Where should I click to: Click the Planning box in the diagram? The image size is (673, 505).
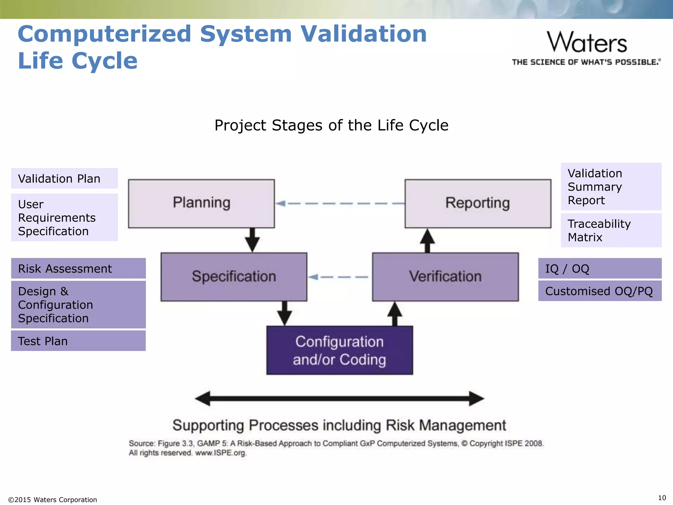[201, 204]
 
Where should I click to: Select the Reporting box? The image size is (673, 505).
[478, 204]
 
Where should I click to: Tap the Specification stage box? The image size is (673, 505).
[234, 277]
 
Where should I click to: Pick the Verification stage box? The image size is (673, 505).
[445, 277]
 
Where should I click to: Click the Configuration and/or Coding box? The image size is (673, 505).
[339, 350]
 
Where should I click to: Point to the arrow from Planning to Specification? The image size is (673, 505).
[252, 240]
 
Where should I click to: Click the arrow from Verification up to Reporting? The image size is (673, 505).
[427, 241]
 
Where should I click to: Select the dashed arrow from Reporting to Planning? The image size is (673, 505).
[340, 204]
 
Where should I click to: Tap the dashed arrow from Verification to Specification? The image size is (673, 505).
[338, 277]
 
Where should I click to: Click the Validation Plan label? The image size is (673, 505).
[64, 179]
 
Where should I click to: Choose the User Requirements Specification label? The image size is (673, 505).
[64, 218]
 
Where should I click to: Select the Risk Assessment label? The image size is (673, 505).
[78, 269]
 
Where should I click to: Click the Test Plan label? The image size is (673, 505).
[78, 341]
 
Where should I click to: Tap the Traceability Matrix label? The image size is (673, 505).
[611, 230]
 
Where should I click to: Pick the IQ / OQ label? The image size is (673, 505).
[599, 269]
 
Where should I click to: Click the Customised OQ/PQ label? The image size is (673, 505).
[599, 291]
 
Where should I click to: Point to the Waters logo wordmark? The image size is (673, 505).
[587, 43]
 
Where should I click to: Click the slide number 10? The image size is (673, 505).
[662, 498]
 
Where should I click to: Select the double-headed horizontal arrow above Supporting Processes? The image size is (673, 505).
[339, 398]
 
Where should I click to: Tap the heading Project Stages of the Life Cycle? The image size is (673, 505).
[331, 125]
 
